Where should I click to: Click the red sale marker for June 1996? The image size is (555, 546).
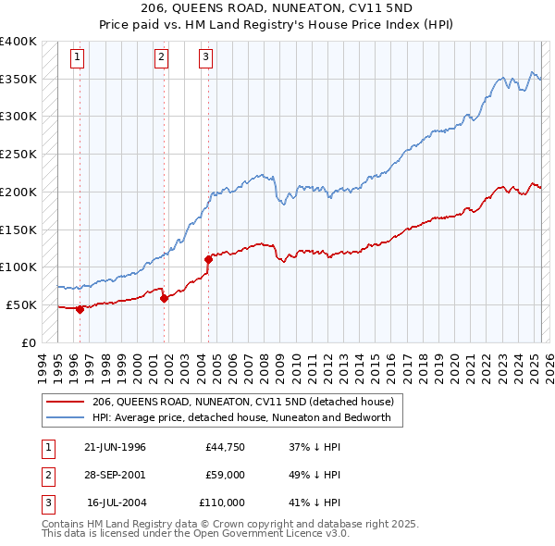80,309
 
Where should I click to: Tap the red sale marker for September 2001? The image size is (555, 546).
164,298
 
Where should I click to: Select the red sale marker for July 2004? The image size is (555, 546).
208,260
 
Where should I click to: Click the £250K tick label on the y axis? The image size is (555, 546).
18,155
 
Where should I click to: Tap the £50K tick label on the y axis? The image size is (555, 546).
22,304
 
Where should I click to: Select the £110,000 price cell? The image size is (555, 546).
222,503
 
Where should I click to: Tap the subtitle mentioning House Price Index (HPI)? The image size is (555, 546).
277,25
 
